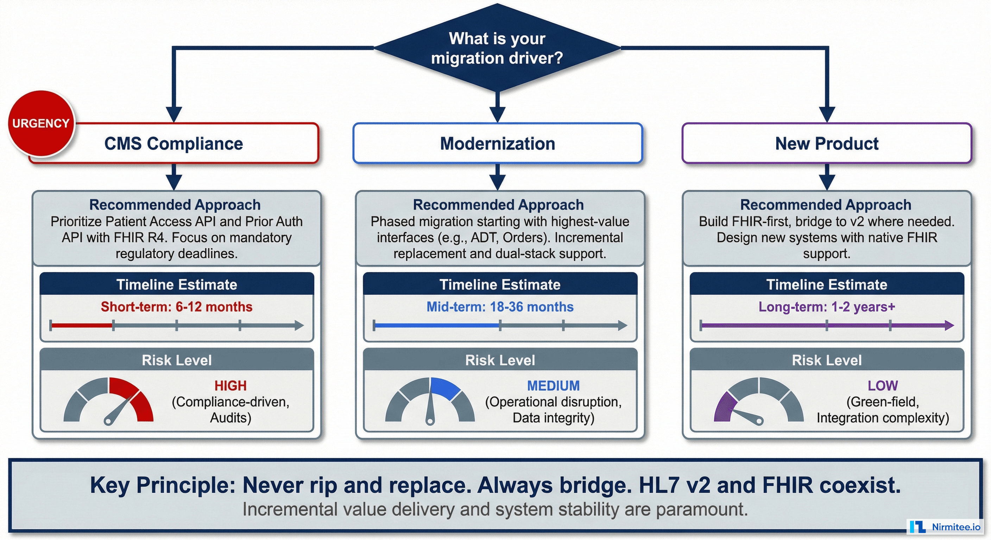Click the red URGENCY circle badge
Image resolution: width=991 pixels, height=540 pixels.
(41, 123)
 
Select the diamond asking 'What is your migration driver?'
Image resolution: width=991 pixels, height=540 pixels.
(497, 48)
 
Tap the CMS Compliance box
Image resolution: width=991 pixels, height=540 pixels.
(174, 144)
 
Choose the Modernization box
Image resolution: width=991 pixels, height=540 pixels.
(497, 144)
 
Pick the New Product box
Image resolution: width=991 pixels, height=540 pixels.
(827, 144)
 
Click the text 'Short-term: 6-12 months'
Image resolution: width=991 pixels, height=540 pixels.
(177, 307)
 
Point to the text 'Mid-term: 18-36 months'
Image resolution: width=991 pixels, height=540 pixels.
(500, 307)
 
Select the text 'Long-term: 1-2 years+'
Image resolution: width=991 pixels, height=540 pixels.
(827, 307)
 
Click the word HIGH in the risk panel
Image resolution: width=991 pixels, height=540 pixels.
(230, 386)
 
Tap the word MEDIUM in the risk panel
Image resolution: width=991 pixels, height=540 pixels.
(553, 386)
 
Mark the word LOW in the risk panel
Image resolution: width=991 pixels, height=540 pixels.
(883, 386)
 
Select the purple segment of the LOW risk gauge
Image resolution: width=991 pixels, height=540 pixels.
(724, 407)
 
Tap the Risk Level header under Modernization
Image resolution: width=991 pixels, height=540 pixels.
(500, 360)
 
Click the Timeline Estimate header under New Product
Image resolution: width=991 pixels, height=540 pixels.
(827, 285)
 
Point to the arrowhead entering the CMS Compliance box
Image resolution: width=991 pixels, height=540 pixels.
(174, 114)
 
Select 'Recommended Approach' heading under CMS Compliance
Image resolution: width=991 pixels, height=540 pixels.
(175, 205)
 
